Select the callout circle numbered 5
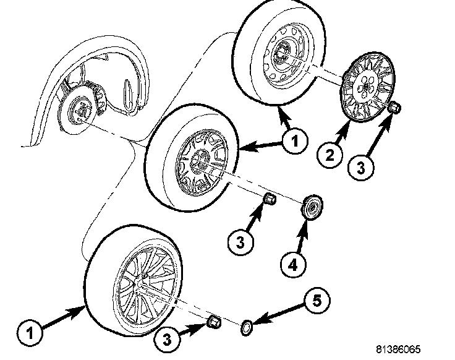pyautogui.click(x=316, y=301)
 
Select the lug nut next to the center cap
pyautogui.click(x=270, y=199)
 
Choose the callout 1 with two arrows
pyautogui.click(x=294, y=142)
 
